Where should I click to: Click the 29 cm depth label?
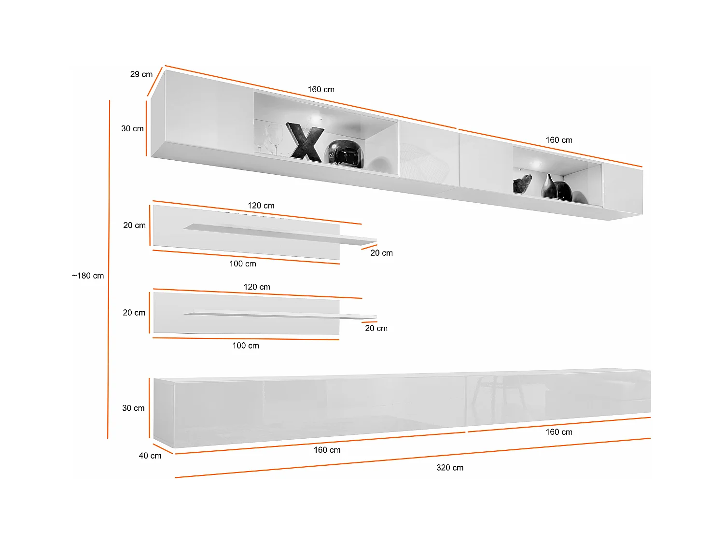pos(141,74)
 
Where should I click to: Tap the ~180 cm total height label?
pos(88,276)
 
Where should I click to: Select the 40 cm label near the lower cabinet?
pos(150,456)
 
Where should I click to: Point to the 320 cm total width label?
pos(449,468)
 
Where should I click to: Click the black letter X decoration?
pos(306,142)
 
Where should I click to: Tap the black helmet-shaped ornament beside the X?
pos(346,154)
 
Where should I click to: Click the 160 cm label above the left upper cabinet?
pos(321,90)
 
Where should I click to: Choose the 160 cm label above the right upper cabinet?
pos(559,140)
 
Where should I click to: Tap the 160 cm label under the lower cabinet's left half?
pos(327,450)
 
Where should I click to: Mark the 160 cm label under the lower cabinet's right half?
pos(559,432)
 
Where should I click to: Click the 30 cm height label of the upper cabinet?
pos(132,129)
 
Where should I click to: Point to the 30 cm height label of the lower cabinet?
pos(133,408)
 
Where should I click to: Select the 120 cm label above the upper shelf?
pos(261,206)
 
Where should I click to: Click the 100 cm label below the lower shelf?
pos(245,346)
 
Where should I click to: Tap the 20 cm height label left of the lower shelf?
pos(134,313)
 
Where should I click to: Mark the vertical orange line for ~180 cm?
pos(109,338)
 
